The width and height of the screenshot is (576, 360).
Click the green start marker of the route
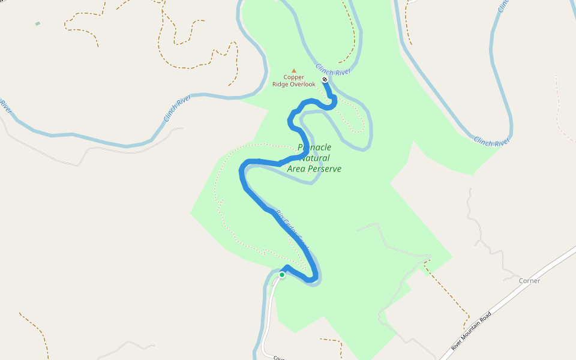point(282,275)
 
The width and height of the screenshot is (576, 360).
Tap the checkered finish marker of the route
point(325,79)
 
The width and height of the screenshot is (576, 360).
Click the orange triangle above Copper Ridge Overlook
point(294,70)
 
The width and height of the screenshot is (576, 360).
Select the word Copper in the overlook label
point(294,77)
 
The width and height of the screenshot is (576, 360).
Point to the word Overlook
point(302,85)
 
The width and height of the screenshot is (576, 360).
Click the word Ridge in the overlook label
point(280,85)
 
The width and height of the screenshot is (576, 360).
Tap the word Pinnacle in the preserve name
point(314,148)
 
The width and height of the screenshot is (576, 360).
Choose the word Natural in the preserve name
point(314,158)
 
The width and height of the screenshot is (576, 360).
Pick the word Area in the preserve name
point(297,169)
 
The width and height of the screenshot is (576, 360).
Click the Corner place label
point(530,281)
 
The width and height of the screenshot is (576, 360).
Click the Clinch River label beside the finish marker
point(334,70)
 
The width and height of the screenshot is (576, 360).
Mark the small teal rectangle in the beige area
point(38,23)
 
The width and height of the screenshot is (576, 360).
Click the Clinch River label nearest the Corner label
point(491,142)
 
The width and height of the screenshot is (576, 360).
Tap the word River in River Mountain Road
point(458,344)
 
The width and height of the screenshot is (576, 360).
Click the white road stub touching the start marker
point(271,300)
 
